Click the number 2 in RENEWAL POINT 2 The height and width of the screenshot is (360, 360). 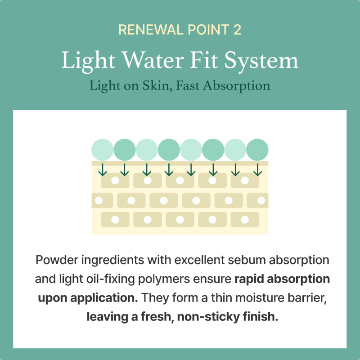(x=237, y=30)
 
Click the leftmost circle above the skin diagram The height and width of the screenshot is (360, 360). (x=103, y=149)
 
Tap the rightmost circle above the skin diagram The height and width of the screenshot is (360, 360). (x=257, y=149)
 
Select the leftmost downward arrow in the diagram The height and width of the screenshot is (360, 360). (x=103, y=170)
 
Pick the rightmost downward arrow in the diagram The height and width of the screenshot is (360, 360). (x=257, y=170)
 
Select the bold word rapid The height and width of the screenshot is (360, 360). (x=248, y=279)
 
